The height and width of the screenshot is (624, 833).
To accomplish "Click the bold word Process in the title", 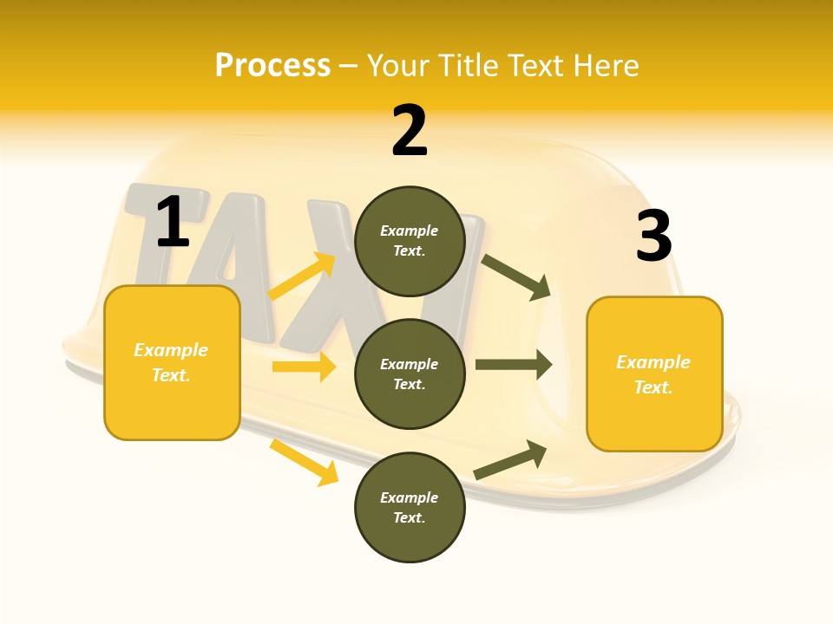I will pyautogui.click(x=272, y=66).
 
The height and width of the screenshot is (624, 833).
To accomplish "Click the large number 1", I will pyautogui.click(x=173, y=222).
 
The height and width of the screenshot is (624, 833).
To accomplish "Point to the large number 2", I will pyautogui.click(x=410, y=131).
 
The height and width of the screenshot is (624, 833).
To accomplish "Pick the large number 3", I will pyautogui.click(x=653, y=236).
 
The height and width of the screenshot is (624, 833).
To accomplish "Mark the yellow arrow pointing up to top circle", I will pyautogui.click(x=303, y=276).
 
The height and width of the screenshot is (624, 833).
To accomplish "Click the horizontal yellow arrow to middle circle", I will pyautogui.click(x=304, y=367).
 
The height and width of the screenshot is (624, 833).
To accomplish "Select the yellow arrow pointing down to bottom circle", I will pyautogui.click(x=305, y=462).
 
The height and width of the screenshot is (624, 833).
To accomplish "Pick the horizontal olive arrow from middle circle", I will pyautogui.click(x=514, y=365).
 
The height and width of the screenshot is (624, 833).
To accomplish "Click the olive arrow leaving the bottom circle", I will pyautogui.click(x=511, y=459).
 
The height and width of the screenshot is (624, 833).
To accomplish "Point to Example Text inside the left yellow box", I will pyautogui.click(x=171, y=362).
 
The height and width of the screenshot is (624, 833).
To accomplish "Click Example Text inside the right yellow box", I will pyautogui.click(x=653, y=374).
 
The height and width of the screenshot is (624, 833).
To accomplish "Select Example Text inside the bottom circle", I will pyautogui.click(x=409, y=507).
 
